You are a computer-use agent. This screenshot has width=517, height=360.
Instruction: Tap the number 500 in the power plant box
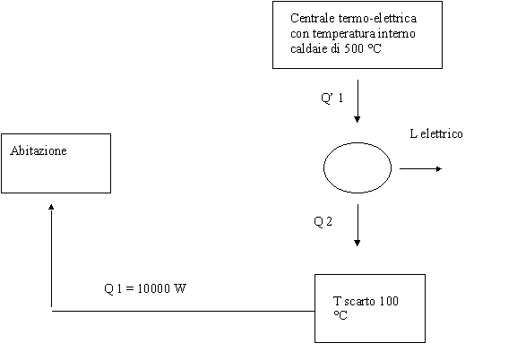354,48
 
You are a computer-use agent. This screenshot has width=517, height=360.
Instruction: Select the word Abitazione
39,150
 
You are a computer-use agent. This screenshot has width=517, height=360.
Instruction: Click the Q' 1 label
332,98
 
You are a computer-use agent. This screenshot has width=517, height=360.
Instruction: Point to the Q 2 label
323,221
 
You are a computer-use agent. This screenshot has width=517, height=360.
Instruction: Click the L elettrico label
436,133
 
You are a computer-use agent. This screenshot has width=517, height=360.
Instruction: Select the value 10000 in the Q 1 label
153,288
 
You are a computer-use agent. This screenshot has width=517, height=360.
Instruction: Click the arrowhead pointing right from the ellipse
439,168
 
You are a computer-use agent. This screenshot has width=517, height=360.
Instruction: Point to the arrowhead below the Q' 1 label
358,119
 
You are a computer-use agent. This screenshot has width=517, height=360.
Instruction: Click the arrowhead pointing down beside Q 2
358,243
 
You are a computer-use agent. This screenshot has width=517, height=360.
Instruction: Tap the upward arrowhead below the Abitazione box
51,207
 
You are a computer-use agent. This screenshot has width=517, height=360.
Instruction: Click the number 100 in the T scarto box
389,301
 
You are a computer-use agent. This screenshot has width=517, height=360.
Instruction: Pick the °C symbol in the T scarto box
340,315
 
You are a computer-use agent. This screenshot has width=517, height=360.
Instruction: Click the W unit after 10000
180,288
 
